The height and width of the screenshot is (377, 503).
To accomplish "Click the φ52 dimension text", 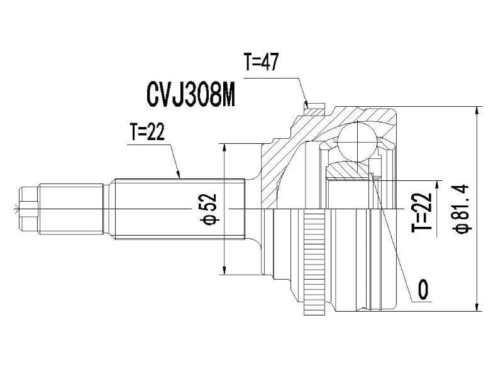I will tap(209, 208).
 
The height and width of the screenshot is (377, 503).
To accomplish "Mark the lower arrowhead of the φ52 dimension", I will tap(224, 271).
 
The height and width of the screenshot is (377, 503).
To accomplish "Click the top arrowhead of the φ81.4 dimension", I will tap(477, 111).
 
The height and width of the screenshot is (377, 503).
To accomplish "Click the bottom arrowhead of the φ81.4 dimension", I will tap(477, 306).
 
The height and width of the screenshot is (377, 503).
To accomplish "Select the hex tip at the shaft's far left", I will tap(29, 208).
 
